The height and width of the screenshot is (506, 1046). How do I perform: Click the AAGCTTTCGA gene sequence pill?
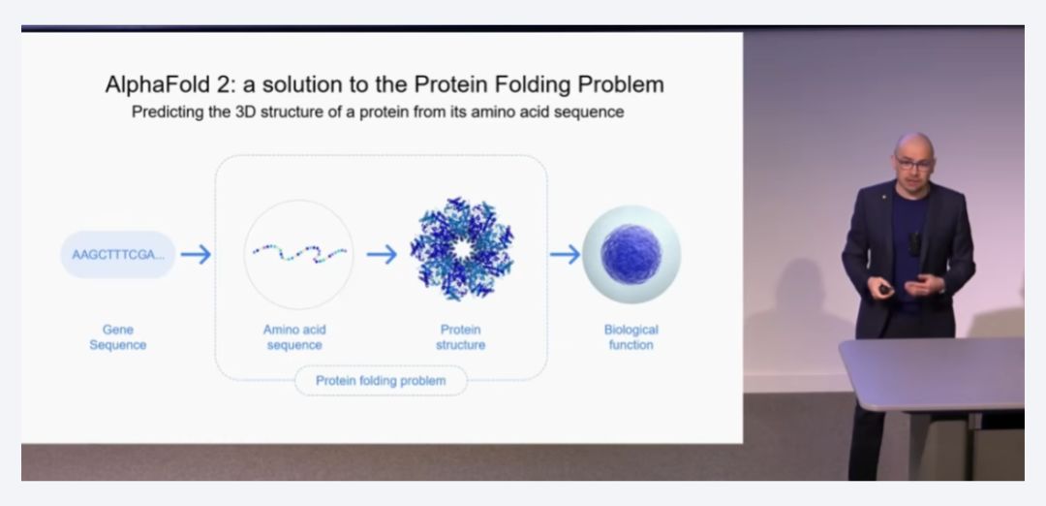click(118, 254)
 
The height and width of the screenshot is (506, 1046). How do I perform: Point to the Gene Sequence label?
click(118, 337)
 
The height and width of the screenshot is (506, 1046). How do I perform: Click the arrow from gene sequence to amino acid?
click(196, 254)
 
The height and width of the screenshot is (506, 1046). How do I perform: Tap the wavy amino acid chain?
click(299, 253)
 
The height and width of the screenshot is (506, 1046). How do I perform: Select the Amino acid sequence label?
click(294, 337)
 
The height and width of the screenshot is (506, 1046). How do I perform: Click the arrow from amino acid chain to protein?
click(382, 254)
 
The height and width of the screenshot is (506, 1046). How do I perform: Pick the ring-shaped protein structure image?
click(462, 249)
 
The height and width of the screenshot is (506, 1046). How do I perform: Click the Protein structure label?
click(460, 337)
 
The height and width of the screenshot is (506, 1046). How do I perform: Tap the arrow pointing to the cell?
click(565, 254)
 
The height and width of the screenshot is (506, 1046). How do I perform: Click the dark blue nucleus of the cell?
click(631, 254)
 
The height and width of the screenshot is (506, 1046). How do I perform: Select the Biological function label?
click(631, 337)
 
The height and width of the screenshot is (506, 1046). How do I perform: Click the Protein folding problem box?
click(381, 381)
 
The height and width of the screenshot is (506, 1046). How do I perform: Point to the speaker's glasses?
click(913, 162)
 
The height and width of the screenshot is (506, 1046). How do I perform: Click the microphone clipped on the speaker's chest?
click(914, 243)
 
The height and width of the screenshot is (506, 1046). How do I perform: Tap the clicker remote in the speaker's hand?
click(884, 289)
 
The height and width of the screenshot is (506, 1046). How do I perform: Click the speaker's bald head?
click(913, 144)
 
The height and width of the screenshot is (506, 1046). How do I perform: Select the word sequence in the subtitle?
click(593, 112)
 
